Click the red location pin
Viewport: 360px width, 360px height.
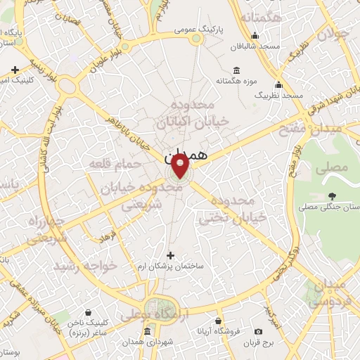(181, 166)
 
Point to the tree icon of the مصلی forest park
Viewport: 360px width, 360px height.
(332, 196)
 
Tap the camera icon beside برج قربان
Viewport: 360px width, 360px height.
(258, 331)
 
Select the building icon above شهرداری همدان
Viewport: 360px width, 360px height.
(146, 331)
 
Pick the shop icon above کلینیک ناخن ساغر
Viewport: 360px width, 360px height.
(88, 312)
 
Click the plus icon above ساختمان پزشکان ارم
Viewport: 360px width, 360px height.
(169, 255)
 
